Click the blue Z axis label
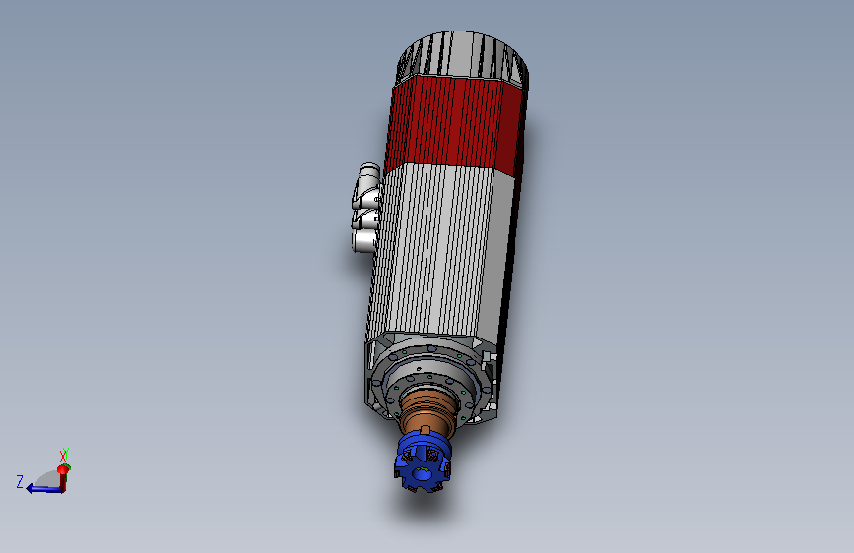[x=20, y=482]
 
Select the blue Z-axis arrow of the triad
[x=44, y=489]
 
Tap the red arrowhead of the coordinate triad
[x=63, y=469]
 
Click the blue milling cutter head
[x=423, y=462]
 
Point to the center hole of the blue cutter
[x=421, y=474]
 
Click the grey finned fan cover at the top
[x=463, y=57]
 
